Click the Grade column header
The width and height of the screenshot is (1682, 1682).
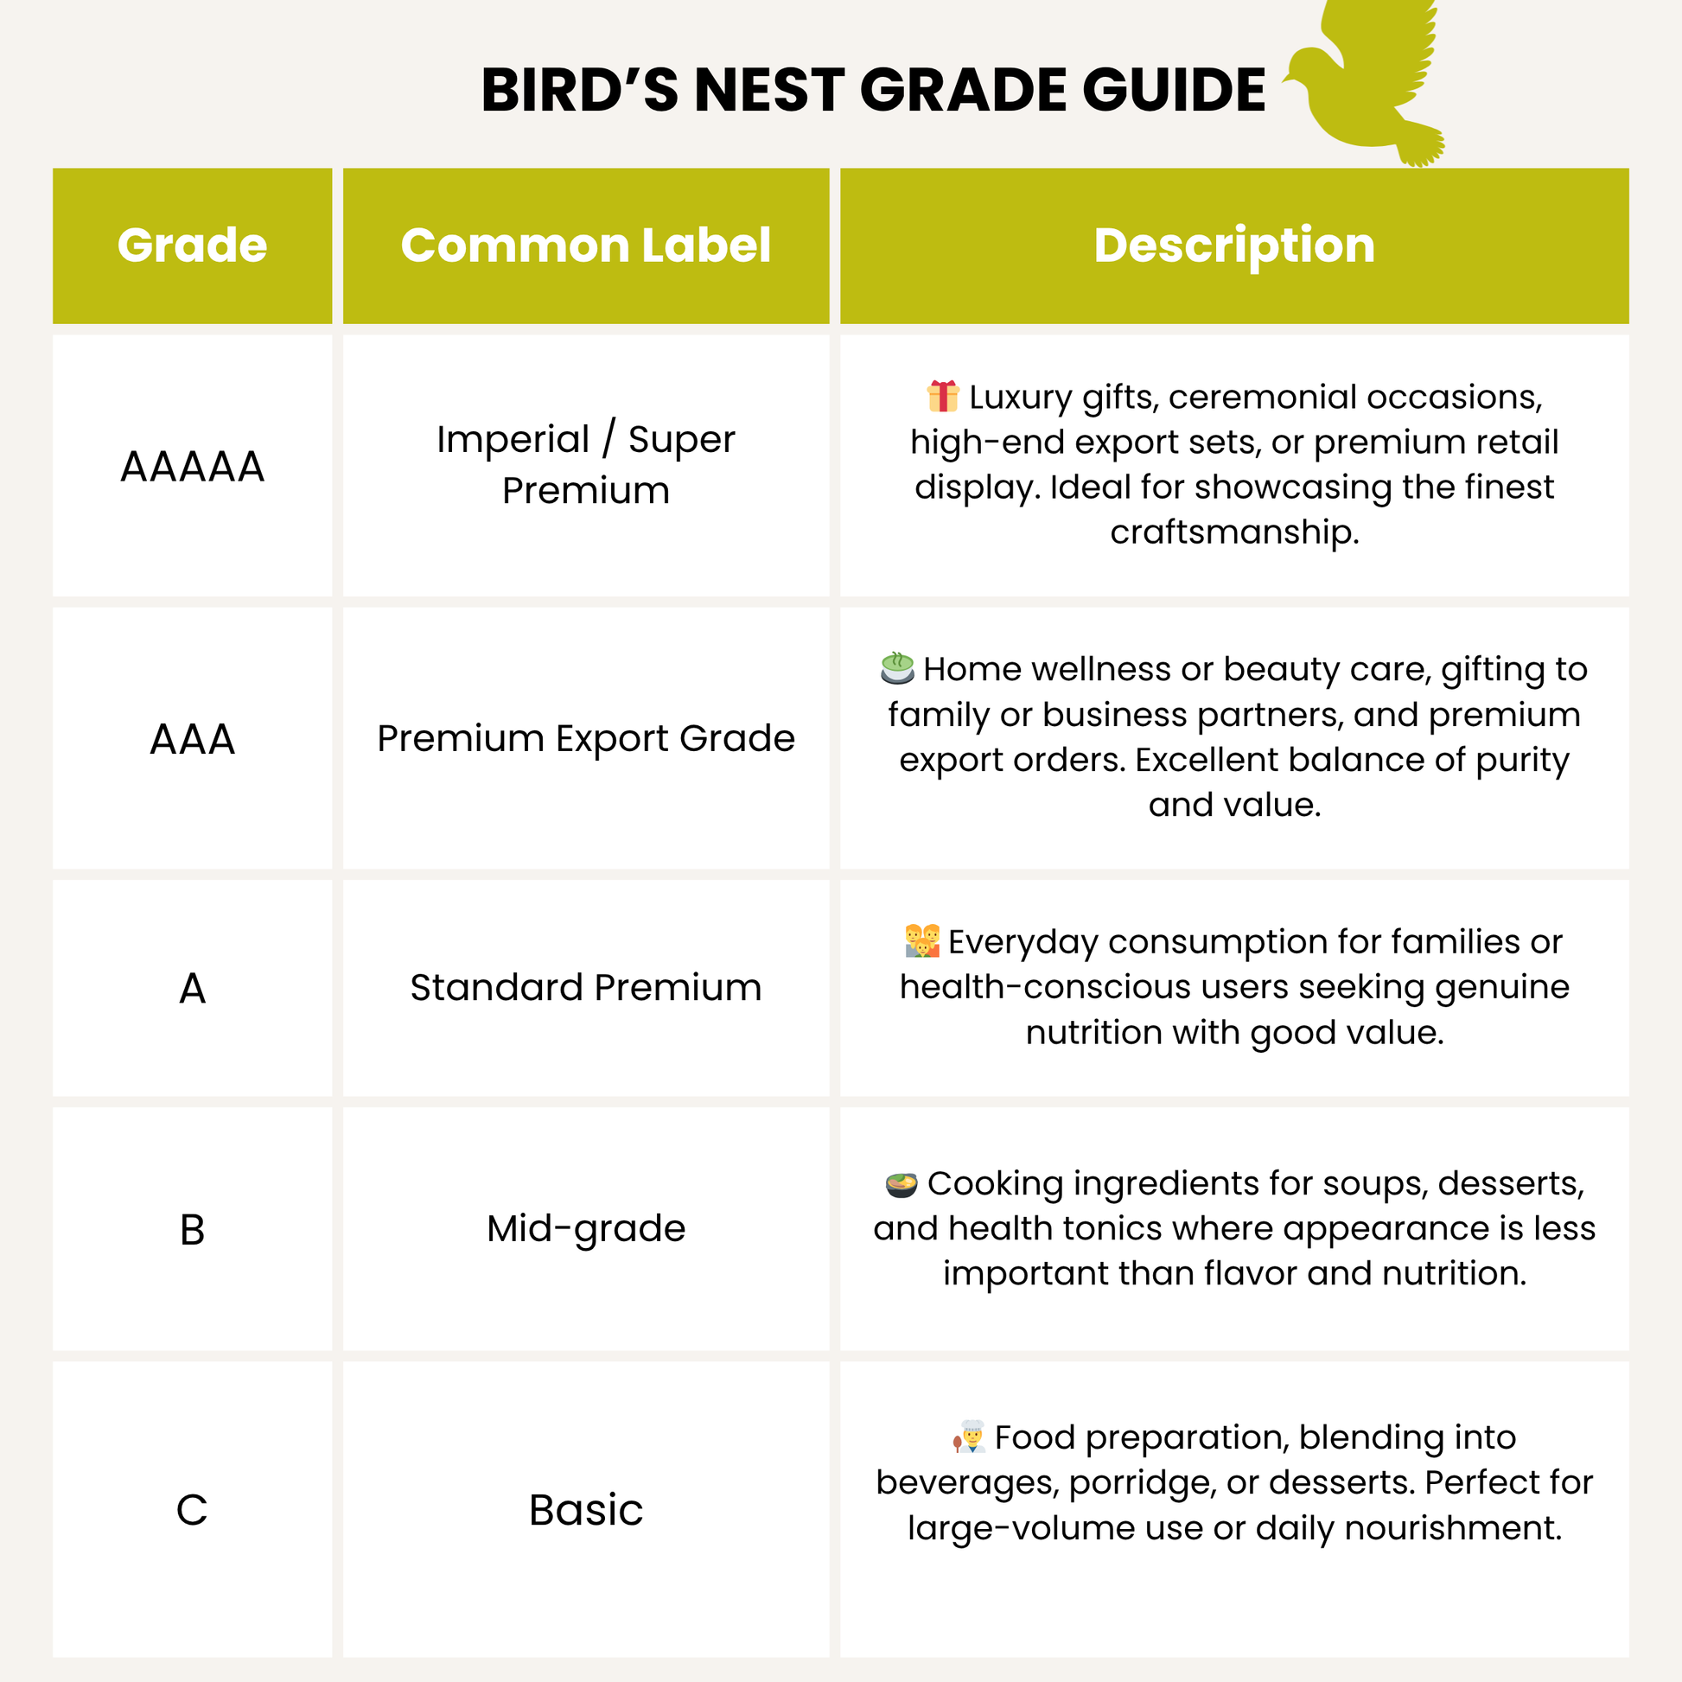[x=192, y=245]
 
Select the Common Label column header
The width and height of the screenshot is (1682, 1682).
[x=585, y=245]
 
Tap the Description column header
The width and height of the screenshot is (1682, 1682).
[x=1233, y=245]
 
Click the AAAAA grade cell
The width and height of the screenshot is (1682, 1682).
[x=192, y=467]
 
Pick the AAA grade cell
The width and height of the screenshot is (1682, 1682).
[x=192, y=739]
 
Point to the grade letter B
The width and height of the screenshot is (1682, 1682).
[x=192, y=1229]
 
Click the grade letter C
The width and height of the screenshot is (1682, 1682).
[x=192, y=1510]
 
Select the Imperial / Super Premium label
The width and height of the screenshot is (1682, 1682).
[x=585, y=464]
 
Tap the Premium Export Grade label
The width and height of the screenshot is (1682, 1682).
[x=585, y=738]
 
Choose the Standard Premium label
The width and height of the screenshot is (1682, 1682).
[x=585, y=987]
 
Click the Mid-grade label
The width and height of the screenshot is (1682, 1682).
[x=585, y=1228]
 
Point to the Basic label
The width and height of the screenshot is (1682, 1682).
[x=585, y=1510]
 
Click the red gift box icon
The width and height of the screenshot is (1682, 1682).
[x=943, y=396]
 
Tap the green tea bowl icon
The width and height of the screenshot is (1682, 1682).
[x=896, y=668]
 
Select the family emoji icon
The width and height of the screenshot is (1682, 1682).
[x=922, y=941]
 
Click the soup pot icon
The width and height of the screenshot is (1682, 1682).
[x=901, y=1184]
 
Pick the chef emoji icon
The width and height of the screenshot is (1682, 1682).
[x=970, y=1437]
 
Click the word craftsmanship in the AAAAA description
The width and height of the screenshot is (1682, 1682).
[x=1233, y=531]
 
